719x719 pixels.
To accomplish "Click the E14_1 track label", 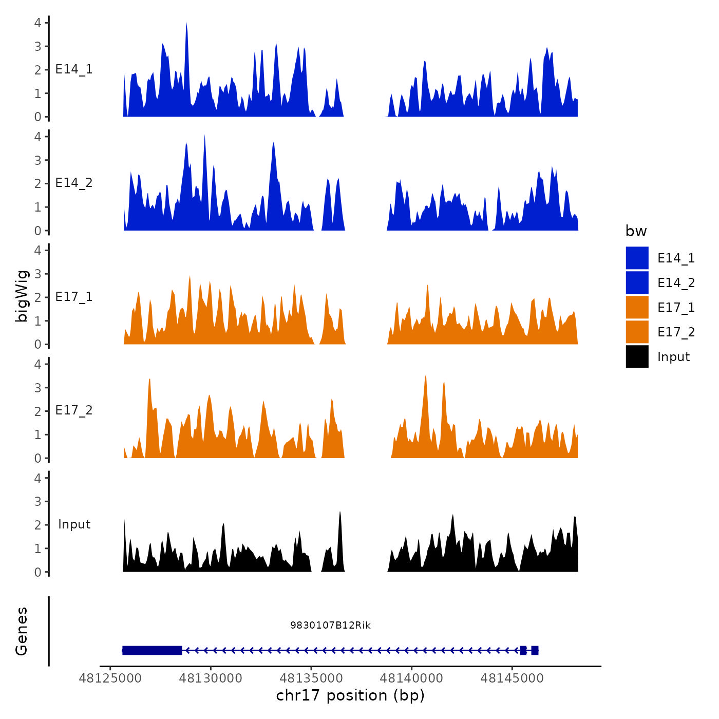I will coord(74,69).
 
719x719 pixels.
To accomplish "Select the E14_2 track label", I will coord(74,183).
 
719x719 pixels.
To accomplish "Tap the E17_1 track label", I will coord(74,297).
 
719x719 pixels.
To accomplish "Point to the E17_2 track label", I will coord(74,410).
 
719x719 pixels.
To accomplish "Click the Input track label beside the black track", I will coord(74,524).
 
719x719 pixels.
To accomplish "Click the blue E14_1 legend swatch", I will coord(637,258).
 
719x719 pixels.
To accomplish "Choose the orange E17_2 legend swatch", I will coord(637,332).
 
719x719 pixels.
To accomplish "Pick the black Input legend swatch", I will coord(637,356).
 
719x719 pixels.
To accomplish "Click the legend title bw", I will coord(636,231).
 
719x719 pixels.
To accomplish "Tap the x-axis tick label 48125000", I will coord(110,678).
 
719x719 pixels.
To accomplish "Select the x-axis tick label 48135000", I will coord(311,678).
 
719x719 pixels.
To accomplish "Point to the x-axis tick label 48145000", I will coord(512,678).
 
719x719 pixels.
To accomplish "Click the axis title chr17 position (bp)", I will coord(350,695).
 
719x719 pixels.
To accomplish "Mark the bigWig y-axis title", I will coord(22,296).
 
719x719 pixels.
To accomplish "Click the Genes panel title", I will coord(22,631).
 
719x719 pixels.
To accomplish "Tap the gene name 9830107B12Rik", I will coord(330,625).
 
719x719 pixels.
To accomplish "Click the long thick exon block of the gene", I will coord(152,650).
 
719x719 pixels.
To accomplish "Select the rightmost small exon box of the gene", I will coord(535,650).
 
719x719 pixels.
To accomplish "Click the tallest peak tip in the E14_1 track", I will coord(186,23).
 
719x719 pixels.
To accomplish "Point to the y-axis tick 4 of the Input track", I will coord(37,478).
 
